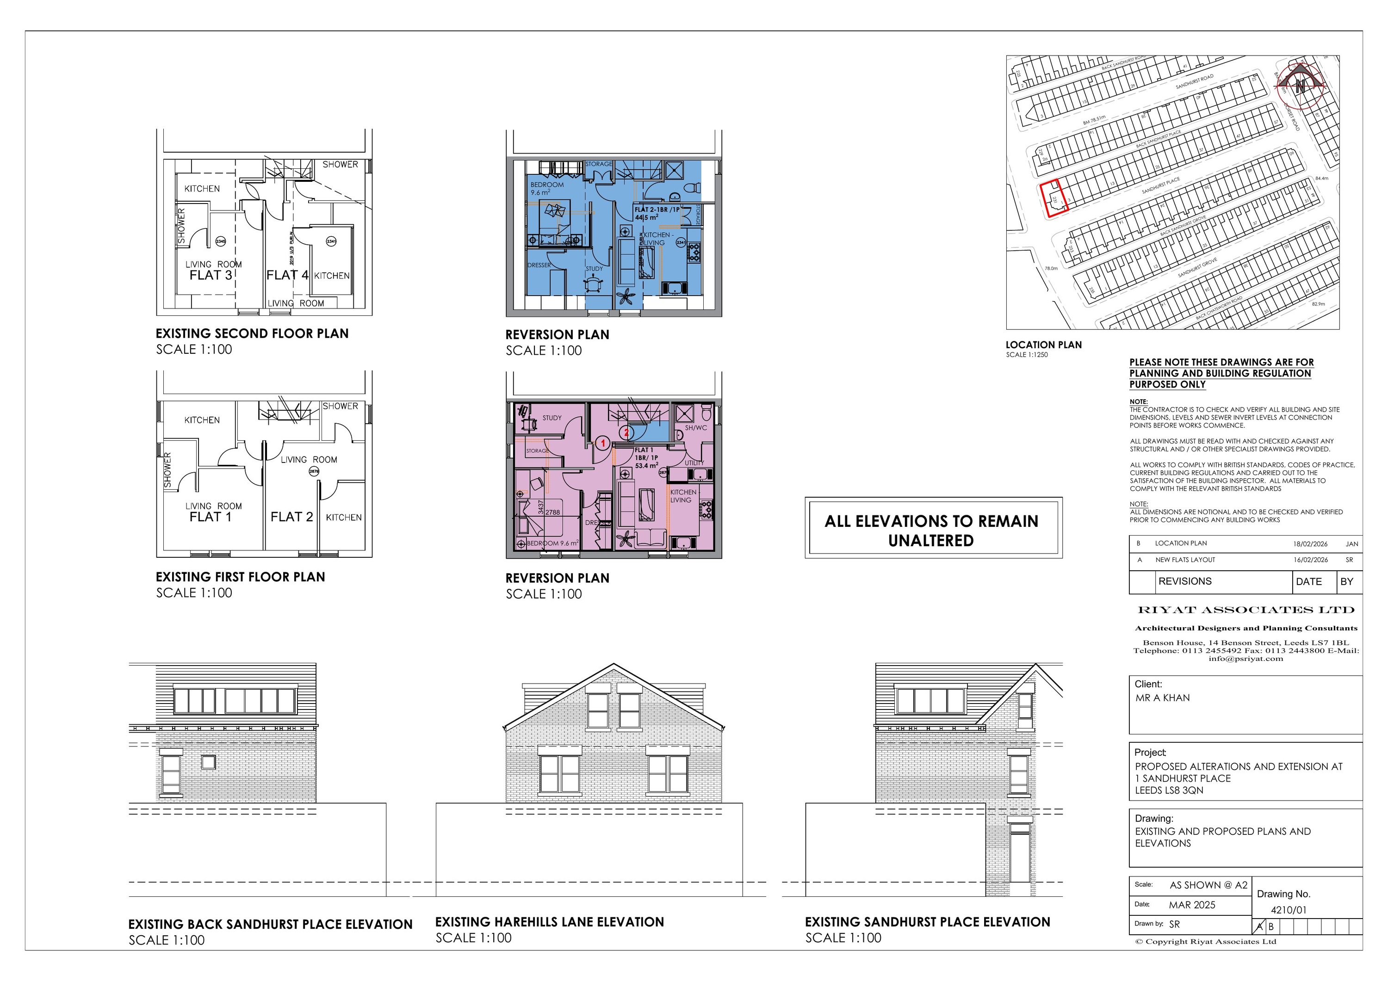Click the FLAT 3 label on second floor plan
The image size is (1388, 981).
tap(211, 276)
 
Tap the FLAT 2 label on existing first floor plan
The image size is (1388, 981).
tap(291, 518)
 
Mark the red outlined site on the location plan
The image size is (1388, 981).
tap(1053, 199)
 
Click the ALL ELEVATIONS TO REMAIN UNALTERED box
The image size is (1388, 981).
tap(933, 530)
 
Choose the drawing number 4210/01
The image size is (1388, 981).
tap(1288, 910)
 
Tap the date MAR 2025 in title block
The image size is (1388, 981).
tap(1191, 905)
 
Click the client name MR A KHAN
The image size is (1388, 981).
tap(1162, 697)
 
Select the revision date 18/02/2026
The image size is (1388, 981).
tap(1310, 544)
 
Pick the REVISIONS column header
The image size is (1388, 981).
tap(1184, 581)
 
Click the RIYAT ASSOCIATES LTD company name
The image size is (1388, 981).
tap(1245, 610)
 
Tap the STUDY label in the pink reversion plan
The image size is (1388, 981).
tap(551, 418)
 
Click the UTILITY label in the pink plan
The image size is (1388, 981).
tap(694, 463)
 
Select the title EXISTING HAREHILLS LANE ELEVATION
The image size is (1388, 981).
tap(549, 922)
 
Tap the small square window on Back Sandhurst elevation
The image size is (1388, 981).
tap(208, 762)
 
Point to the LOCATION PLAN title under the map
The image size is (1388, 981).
tap(1043, 345)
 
